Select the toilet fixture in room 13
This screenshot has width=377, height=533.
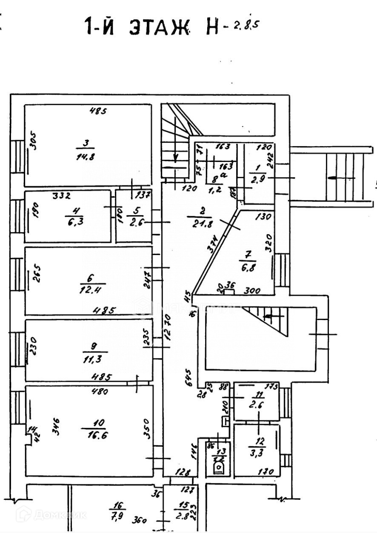tap(218, 468)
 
